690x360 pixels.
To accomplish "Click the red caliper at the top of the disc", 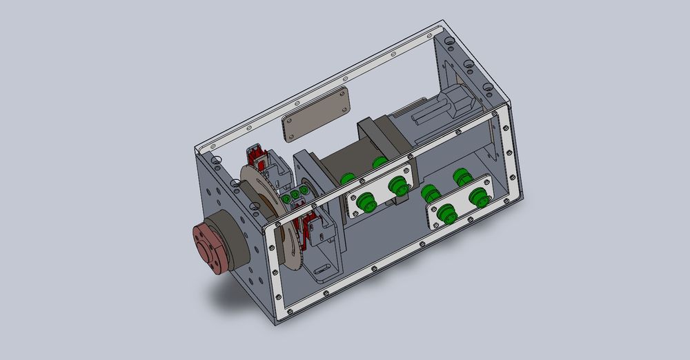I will click(x=259, y=157).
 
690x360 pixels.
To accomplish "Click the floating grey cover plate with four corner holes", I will click(x=316, y=114).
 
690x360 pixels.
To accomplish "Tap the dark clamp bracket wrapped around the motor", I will click(x=376, y=138).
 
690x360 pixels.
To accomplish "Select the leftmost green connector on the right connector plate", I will click(x=446, y=217).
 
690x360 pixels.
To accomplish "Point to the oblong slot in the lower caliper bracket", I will click(x=322, y=268).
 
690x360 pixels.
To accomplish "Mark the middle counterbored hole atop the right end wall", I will click(x=470, y=66).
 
